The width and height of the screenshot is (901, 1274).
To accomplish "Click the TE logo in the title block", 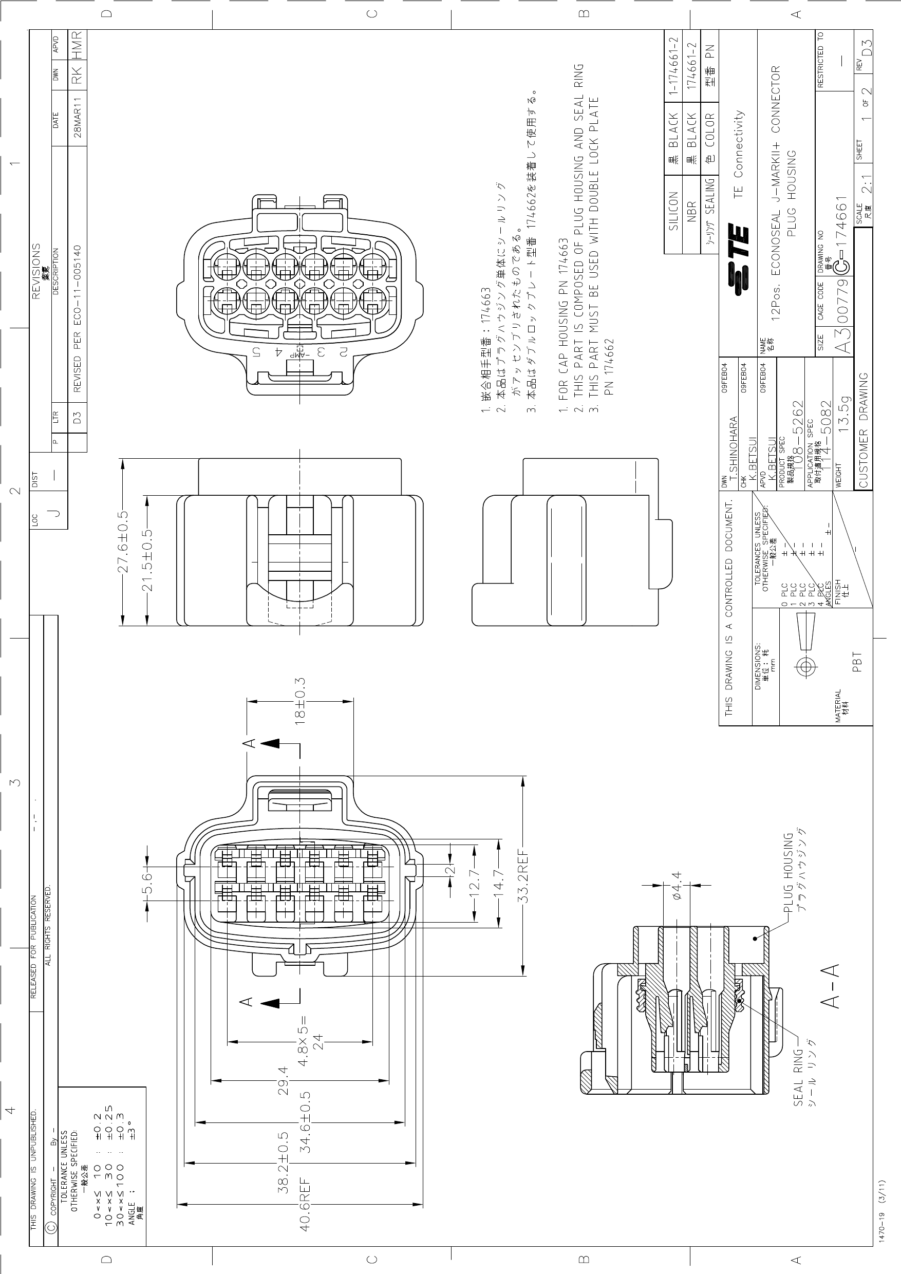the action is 738,258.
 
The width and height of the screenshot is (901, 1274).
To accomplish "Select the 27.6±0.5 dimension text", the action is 123,541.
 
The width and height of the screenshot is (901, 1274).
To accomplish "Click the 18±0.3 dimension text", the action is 300,701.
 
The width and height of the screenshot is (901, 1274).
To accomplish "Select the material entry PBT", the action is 857,662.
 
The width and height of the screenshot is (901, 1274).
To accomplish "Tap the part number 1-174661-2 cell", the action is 673,65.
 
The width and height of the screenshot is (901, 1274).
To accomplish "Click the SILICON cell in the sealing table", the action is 673,210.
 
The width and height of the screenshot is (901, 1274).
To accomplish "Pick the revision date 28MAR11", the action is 78,117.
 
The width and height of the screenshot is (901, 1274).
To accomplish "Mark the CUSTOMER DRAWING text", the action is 864,430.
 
